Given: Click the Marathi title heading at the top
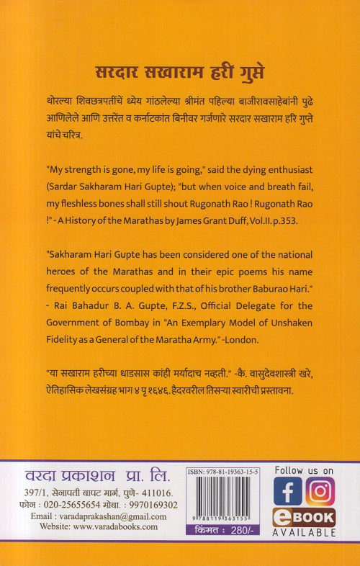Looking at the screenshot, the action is [x=180, y=71].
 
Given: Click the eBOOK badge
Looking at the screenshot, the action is [x=303, y=517].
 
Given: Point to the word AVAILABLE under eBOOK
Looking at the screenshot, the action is [x=303, y=533].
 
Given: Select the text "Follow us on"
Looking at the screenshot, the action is [x=304, y=470].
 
